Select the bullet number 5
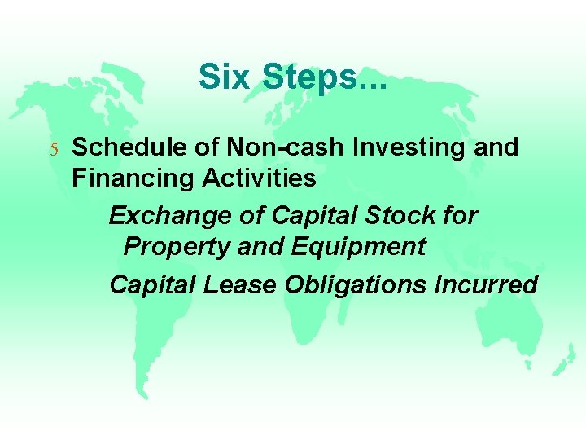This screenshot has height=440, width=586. pos(54,149)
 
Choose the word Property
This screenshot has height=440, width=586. pos(176,247)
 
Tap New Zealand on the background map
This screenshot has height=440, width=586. pos(562,359)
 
